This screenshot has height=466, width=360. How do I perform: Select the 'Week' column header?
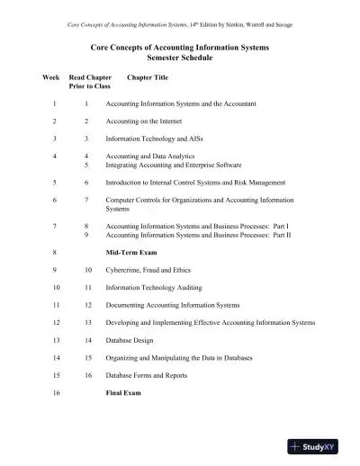(x=52, y=78)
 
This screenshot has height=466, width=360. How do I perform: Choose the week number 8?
(x=55, y=253)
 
